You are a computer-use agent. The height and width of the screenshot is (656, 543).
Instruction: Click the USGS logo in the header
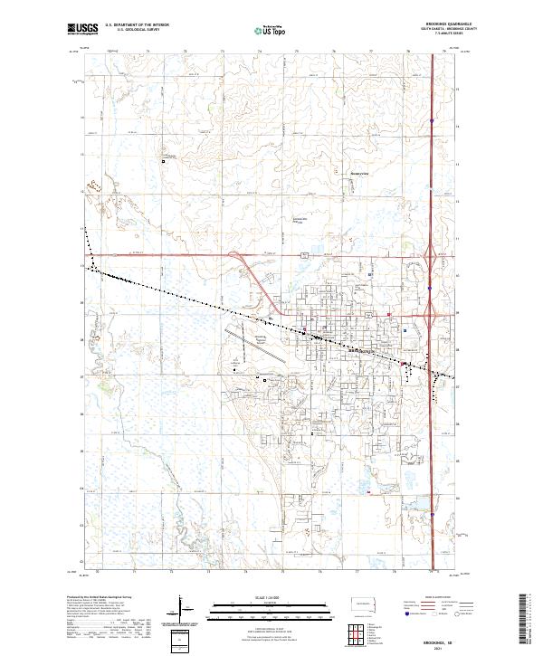pyautogui.click(x=82, y=30)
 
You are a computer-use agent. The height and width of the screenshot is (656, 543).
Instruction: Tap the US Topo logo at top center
pyautogui.click(x=271, y=30)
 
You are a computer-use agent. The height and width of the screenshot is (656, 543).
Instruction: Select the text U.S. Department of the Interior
pyautogui.click(x=136, y=25)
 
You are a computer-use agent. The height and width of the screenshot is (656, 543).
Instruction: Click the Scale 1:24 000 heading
pyautogui.click(x=271, y=598)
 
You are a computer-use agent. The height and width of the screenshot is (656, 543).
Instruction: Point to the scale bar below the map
pyautogui.click(x=271, y=608)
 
